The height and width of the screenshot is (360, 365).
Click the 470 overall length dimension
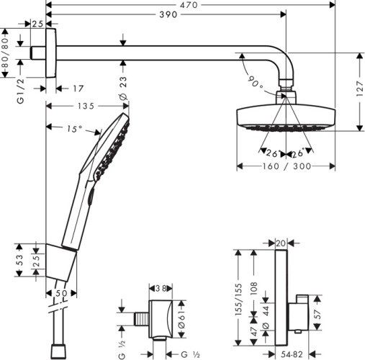[190, 4]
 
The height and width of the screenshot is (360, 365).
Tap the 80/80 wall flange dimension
[5, 53]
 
